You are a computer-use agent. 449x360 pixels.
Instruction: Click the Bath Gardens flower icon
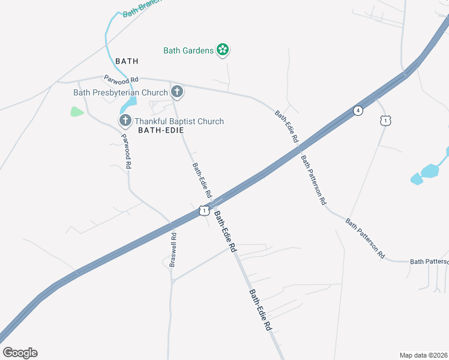pyautogui.click(x=223, y=50)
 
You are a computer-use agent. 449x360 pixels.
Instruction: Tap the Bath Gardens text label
pyautogui.click(x=188, y=50)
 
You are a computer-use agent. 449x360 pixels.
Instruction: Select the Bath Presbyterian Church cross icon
pyautogui.click(x=176, y=92)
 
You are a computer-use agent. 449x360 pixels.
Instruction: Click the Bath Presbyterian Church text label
pyautogui.click(x=120, y=92)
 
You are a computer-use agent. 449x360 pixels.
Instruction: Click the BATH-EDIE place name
pyautogui.click(x=160, y=130)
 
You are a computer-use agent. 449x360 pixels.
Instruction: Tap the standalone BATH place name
pyautogui.click(x=127, y=61)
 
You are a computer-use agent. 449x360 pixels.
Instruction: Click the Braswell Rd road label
pyautogui.click(x=172, y=250)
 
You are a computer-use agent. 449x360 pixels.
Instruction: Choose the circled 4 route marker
pyautogui.click(x=358, y=110)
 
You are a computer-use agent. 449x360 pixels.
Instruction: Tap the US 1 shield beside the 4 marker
pyautogui.click(x=385, y=121)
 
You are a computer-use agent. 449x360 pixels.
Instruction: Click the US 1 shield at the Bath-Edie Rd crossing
pyautogui.click(x=204, y=211)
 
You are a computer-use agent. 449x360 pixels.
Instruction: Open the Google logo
pyautogui.click(x=20, y=352)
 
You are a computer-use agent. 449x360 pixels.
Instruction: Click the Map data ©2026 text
pyautogui.click(x=423, y=355)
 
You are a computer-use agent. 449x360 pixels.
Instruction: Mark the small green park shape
pyautogui.click(x=77, y=111)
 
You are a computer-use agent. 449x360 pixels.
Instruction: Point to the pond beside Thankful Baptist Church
pyautogui.click(x=128, y=107)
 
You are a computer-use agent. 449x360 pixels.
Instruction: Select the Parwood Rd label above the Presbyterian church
pyautogui.click(x=121, y=79)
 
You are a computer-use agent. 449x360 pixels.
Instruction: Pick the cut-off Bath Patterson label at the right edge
pyautogui.click(x=429, y=262)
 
